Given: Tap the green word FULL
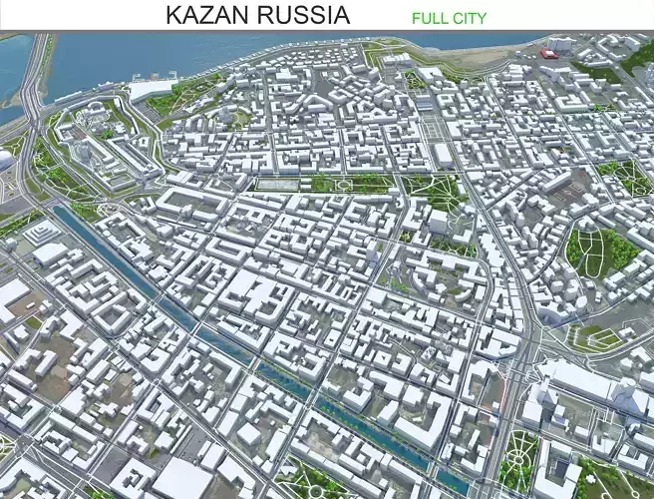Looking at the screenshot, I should coord(429,17).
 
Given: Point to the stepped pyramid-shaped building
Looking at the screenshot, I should coord(42,233).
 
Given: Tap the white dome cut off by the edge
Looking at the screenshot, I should coord(5,160).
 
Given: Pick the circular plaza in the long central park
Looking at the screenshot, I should coord(345,184).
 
